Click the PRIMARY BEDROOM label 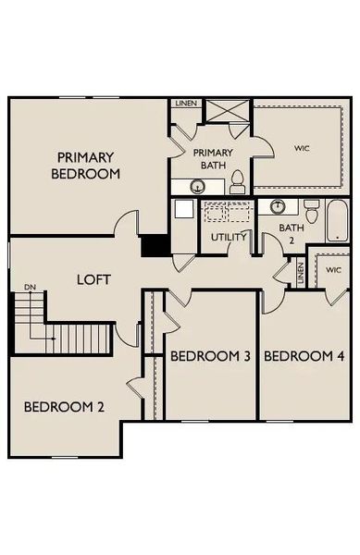(x=86, y=165)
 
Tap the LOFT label (x=93, y=278)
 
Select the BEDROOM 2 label (x=63, y=406)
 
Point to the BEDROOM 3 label (x=210, y=356)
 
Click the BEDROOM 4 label (x=304, y=356)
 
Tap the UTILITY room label (x=229, y=238)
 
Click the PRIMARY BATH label (x=213, y=159)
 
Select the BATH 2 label (x=292, y=234)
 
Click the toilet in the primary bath (x=237, y=182)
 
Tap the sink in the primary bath (x=197, y=187)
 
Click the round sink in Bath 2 (x=277, y=205)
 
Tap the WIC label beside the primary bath (x=302, y=148)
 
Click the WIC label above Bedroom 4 (x=332, y=270)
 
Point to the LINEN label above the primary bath (x=185, y=104)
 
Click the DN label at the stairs (x=30, y=288)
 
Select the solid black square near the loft (x=153, y=246)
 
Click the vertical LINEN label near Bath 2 (x=301, y=274)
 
